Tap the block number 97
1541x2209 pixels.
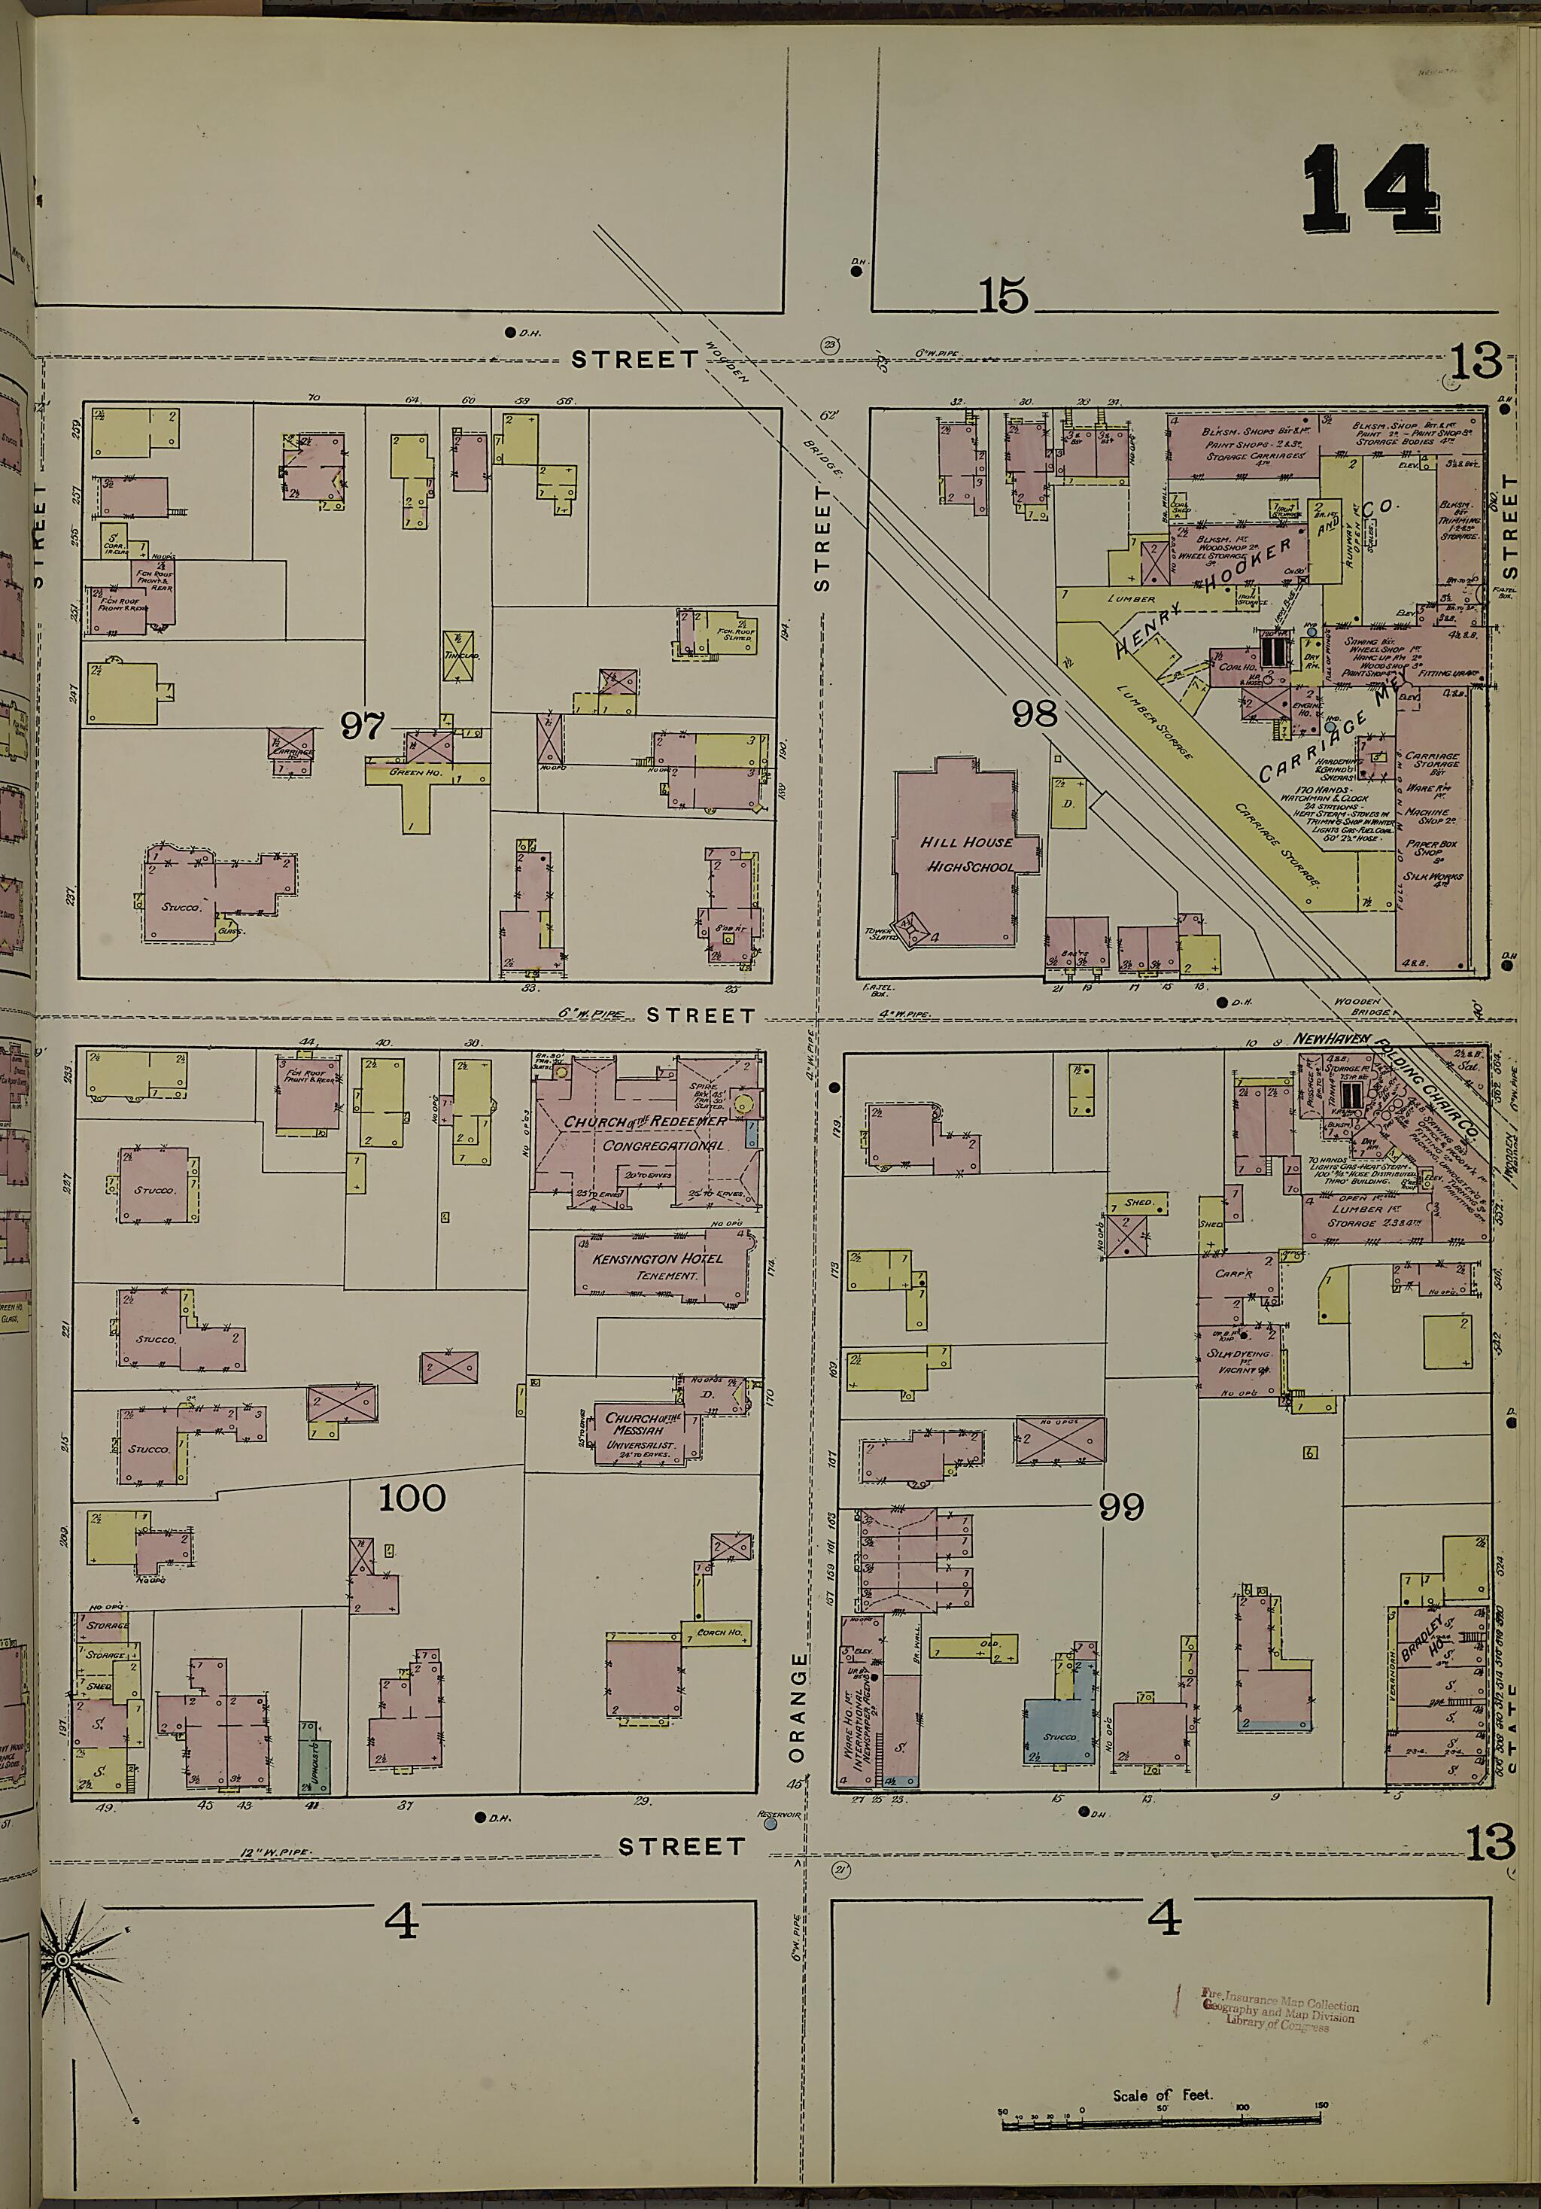point(362,726)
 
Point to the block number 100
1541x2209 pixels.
point(412,1498)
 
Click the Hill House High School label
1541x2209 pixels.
point(967,853)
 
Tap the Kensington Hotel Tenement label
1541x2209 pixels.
point(658,1266)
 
